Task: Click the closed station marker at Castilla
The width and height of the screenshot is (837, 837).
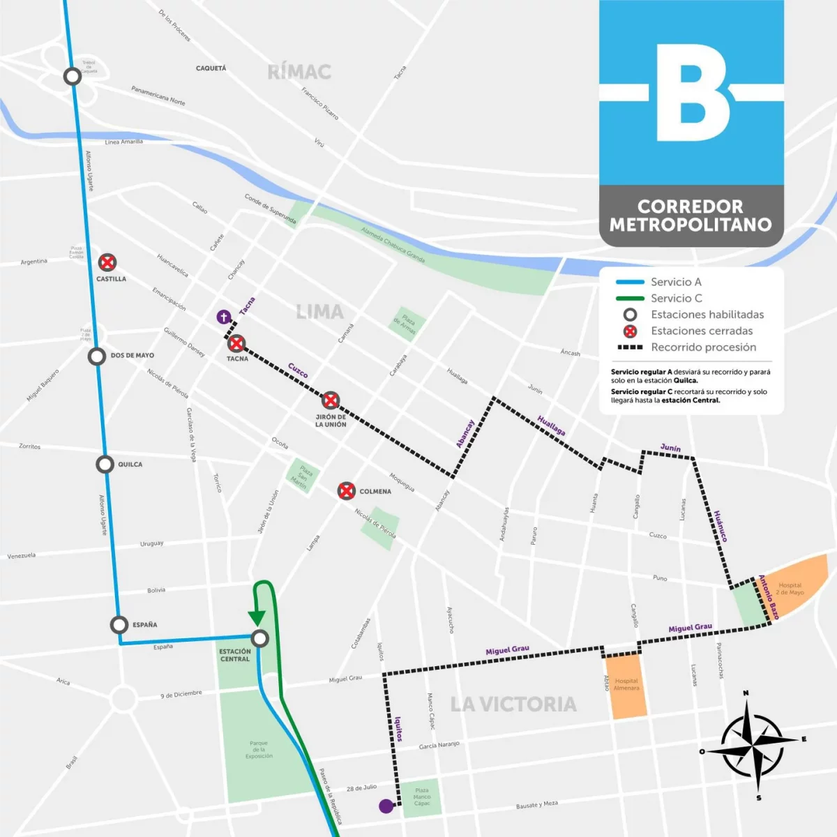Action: point(107,262)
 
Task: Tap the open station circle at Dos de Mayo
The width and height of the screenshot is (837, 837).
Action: point(97,356)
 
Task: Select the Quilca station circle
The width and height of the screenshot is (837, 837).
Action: point(105,464)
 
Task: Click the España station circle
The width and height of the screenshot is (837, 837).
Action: point(119,624)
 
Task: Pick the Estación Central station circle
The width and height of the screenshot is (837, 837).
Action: point(259,638)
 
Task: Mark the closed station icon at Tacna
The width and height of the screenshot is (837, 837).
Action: point(236,343)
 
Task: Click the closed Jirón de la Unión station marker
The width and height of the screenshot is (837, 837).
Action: point(331,400)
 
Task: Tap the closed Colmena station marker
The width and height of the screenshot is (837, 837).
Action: point(347,491)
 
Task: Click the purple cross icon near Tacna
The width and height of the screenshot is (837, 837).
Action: point(223,317)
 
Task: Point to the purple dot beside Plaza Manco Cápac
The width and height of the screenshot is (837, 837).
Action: point(386,806)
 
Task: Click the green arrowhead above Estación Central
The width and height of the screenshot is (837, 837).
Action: point(256,618)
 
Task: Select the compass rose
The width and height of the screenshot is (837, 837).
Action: point(752,745)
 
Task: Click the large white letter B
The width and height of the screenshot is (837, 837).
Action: point(691,93)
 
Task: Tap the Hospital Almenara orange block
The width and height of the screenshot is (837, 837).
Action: point(626,686)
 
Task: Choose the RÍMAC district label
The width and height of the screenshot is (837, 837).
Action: point(299,72)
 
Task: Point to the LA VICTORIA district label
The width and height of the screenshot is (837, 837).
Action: point(513,704)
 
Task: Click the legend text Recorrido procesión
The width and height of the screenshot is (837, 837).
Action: point(703,347)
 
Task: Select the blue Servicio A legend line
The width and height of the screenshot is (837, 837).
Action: point(630,282)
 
